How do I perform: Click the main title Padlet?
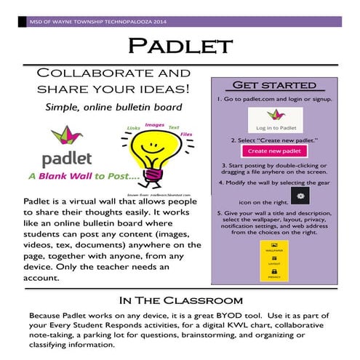180,48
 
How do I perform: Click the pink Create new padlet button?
274,151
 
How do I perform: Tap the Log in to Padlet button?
274,119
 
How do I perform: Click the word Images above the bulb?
154,124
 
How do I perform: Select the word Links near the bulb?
133,129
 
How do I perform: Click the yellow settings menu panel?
275,259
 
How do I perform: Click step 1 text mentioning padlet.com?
275,97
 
